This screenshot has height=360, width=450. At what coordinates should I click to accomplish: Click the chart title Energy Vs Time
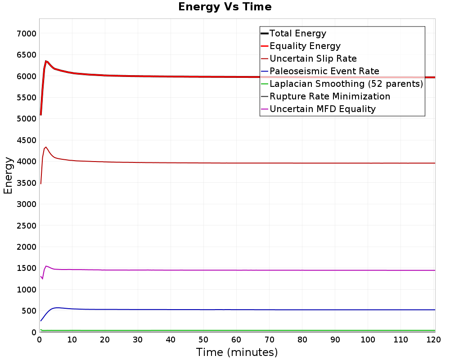tap(225, 7)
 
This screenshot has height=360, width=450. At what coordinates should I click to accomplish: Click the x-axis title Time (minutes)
tap(237, 352)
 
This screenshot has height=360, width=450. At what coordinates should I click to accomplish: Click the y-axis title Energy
tap(8, 175)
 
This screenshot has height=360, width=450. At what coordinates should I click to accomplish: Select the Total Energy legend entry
tap(297, 33)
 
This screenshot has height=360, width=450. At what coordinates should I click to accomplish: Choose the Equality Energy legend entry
tap(305, 46)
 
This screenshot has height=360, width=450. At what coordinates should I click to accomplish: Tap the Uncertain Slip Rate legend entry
tap(313, 58)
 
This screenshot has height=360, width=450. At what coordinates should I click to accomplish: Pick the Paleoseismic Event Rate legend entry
tap(324, 71)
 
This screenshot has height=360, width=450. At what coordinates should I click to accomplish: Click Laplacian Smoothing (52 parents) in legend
tap(346, 84)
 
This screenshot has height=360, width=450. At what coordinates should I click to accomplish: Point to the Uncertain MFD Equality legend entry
tap(322, 109)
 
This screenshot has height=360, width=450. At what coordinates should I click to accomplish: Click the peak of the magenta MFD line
tap(46, 266)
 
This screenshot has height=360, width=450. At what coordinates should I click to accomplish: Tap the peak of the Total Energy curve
tap(46, 61)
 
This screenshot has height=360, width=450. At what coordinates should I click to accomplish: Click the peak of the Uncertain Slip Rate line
tap(46, 147)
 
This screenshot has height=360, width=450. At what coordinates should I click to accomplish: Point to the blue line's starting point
tap(40, 321)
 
